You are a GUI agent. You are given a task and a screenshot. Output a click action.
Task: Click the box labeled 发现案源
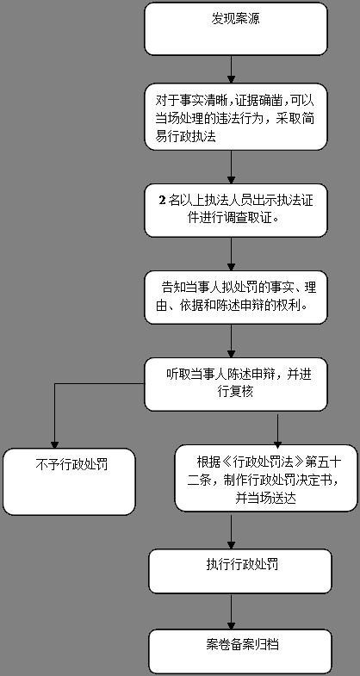point(236,29)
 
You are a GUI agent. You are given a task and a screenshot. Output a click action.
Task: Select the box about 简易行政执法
point(236,117)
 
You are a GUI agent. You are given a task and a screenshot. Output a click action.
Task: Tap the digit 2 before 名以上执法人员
point(163,201)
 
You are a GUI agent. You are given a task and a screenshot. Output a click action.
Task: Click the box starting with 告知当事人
point(236,297)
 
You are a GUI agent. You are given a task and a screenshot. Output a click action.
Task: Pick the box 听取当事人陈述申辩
point(236,384)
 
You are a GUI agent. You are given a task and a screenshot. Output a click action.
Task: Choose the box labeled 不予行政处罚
point(69,481)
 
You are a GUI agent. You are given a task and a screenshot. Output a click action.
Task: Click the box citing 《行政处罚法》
point(266,479)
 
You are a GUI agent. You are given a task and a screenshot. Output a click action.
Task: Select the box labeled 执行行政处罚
point(240,571)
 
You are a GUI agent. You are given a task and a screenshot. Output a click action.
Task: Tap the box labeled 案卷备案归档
point(240,651)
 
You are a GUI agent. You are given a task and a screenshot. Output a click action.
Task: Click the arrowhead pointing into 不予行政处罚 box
point(55,444)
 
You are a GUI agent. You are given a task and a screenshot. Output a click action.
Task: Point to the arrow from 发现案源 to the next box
point(231,70)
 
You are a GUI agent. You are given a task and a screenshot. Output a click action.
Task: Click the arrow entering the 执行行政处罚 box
point(231,530)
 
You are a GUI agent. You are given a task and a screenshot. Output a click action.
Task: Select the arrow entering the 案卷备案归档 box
point(231,611)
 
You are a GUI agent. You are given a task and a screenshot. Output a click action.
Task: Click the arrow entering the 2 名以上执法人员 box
point(231,167)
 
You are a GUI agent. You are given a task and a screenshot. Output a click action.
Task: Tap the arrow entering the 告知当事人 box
point(231,254)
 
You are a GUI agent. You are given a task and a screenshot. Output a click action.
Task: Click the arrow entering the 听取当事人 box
point(231,341)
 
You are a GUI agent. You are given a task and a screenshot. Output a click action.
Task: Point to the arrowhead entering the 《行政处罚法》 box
point(277,441)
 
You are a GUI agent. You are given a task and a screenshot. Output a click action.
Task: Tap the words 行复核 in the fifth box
point(236,391)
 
